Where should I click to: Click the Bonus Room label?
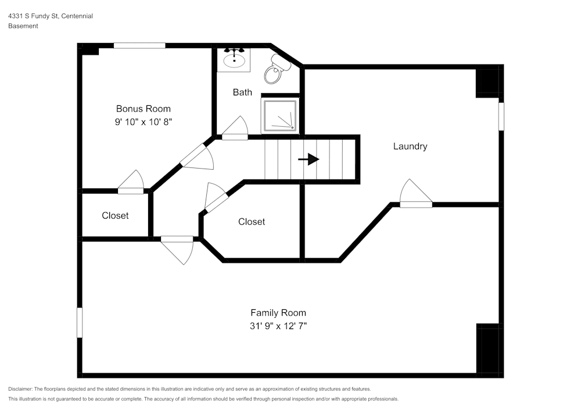click(144, 109)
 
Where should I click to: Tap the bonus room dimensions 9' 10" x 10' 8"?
click(144, 122)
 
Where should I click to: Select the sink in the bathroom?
click(234, 59)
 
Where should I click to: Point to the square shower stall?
click(281, 115)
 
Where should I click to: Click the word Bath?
click(242, 92)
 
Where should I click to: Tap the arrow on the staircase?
click(309, 159)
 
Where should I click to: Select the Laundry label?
click(410, 146)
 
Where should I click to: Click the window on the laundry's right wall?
click(501, 116)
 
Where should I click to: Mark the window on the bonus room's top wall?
click(139, 45)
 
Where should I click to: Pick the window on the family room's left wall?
click(80, 322)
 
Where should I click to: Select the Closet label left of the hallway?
click(115, 216)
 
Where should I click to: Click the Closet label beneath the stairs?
click(252, 221)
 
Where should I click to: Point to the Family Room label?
click(278, 313)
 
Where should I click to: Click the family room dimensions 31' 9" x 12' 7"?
click(278, 326)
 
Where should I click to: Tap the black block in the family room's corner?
click(487, 349)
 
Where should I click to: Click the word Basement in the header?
click(23, 26)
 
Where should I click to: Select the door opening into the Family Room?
click(178, 249)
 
